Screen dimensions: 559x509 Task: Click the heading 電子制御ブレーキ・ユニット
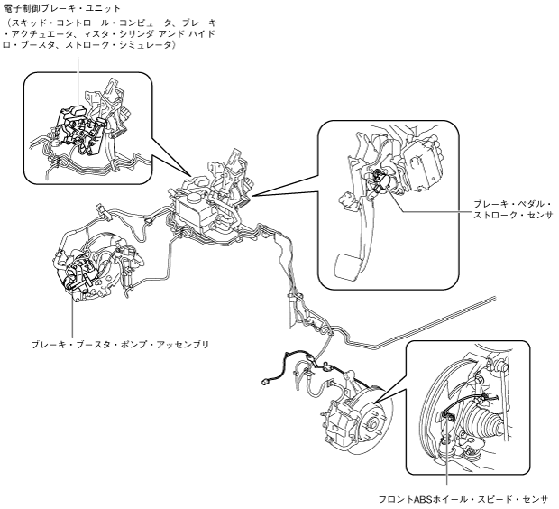coord(61,7)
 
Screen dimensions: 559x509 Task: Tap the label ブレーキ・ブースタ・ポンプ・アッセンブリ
coord(120,345)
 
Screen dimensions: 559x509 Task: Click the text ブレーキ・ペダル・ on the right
coord(512,204)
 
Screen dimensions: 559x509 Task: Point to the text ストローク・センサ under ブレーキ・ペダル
coord(512,215)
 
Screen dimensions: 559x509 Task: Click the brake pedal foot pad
coord(347,265)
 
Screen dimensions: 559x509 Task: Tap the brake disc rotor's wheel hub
coord(371,424)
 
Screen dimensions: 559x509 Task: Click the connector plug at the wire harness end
coord(264,382)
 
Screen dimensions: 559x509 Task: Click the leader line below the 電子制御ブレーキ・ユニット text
coord(78,80)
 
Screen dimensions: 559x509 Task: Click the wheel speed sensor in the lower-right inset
coord(448,416)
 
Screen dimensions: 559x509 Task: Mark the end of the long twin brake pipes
coord(495,297)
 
